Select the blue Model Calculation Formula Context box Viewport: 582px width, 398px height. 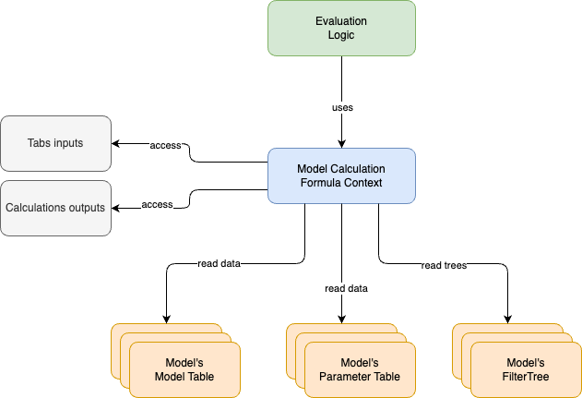point(341,175)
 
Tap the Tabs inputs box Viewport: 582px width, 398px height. point(55,143)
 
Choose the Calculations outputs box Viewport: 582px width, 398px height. point(55,208)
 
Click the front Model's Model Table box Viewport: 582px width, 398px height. point(184,369)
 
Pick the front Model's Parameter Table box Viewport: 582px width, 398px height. point(360,369)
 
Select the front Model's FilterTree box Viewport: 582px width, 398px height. point(526,369)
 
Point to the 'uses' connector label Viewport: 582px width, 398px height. point(342,107)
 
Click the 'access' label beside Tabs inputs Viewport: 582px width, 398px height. point(165,145)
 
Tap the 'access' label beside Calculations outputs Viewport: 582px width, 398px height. point(157,204)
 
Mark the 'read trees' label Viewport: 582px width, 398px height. point(444,265)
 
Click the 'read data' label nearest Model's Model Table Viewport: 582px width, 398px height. point(219,263)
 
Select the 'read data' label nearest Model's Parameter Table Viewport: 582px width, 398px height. point(346,288)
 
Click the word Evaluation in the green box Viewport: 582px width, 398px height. point(341,20)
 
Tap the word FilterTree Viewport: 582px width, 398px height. point(526,377)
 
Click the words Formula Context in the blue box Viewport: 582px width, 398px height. point(341,183)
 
